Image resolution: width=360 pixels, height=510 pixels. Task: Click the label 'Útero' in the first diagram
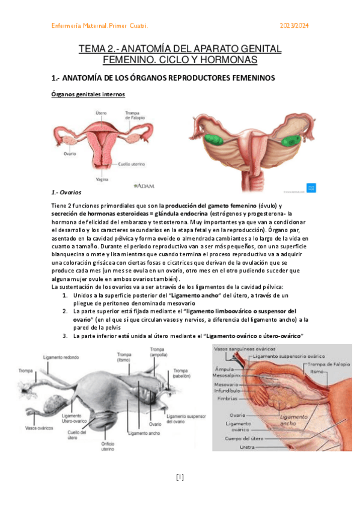[x=102, y=112]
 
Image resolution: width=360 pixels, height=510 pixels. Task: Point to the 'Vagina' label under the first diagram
[x=102, y=179]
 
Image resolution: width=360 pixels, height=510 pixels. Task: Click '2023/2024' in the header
[x=295, y=26]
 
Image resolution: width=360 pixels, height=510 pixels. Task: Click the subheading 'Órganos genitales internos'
[x=88, y=95]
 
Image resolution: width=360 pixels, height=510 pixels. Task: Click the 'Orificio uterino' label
[x=108, y=446]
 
